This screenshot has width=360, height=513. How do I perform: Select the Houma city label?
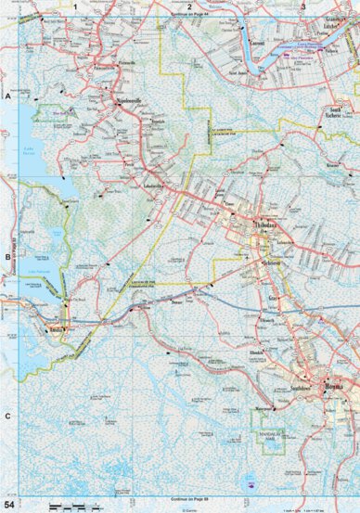333,384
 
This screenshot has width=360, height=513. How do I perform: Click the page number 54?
9,504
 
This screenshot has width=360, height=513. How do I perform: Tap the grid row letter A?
6,96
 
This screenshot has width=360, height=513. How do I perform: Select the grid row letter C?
6,415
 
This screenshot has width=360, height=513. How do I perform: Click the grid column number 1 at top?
73,6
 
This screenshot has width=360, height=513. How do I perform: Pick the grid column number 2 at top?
189,6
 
